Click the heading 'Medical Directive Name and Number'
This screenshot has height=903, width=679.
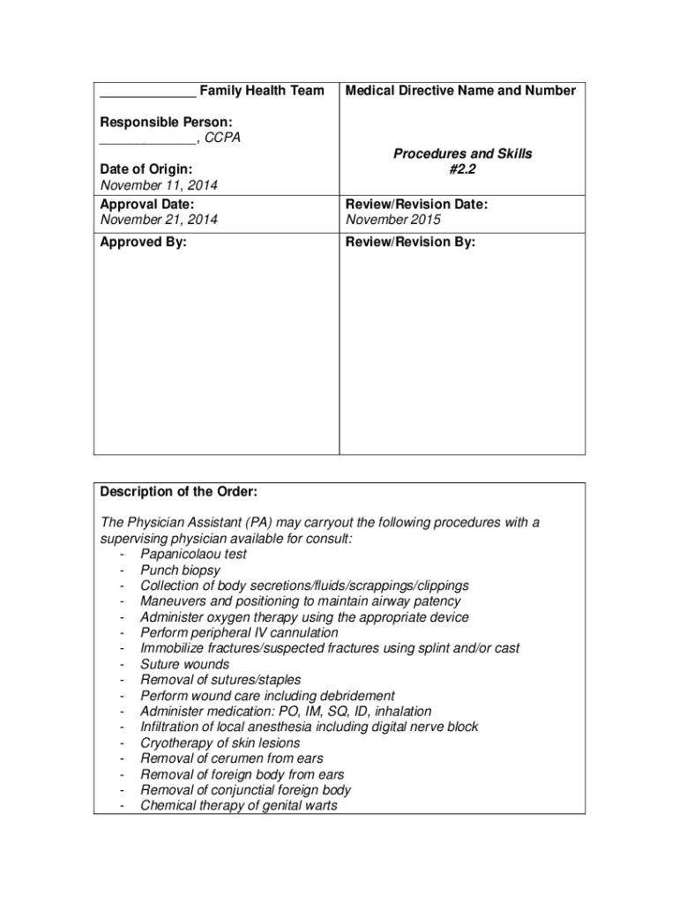pos(460,91)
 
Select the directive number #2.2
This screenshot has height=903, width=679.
pos(462,169)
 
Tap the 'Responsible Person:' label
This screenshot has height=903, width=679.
pos(166,122)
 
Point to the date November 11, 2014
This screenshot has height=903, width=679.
pos(159,185)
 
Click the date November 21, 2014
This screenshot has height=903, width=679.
pos(159,220)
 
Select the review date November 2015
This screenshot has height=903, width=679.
pos(393,220)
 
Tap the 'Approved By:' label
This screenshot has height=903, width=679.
pos(143,243)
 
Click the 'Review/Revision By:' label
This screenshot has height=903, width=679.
pos(410,243)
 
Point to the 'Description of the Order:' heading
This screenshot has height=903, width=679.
pos(178,491)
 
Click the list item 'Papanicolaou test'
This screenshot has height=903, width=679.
pos(194,555)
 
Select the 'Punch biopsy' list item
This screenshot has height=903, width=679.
pos(181,571)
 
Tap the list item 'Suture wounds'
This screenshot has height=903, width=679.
pos(185,664)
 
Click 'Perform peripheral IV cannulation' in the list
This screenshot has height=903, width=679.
pos(239,633)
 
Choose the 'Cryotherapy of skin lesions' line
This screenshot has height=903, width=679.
pos(220,743)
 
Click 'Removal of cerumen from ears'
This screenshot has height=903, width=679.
pos(232,758)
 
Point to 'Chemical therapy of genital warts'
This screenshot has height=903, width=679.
pos(239,805)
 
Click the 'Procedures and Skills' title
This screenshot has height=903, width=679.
pos(462,153)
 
